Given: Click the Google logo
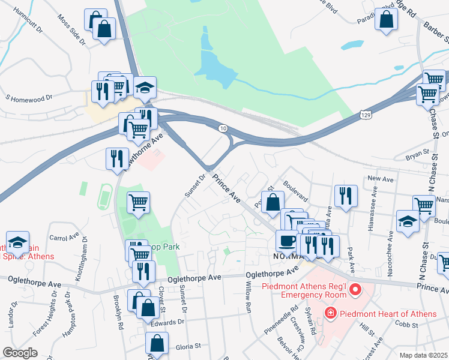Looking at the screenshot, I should (20, 353).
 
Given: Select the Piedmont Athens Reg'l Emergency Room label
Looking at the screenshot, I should (304, 290).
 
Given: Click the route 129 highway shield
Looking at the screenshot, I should (365, 113).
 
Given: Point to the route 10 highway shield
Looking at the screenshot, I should (223, 128).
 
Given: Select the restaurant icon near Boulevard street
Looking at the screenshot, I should (346, 196).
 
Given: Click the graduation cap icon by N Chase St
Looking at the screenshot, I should (408, 221).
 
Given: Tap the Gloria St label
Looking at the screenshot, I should (187, 346).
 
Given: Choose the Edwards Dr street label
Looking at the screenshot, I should (167, 322).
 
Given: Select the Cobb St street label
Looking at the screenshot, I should (424, 323).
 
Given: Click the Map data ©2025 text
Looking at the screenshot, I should (423, 355).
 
